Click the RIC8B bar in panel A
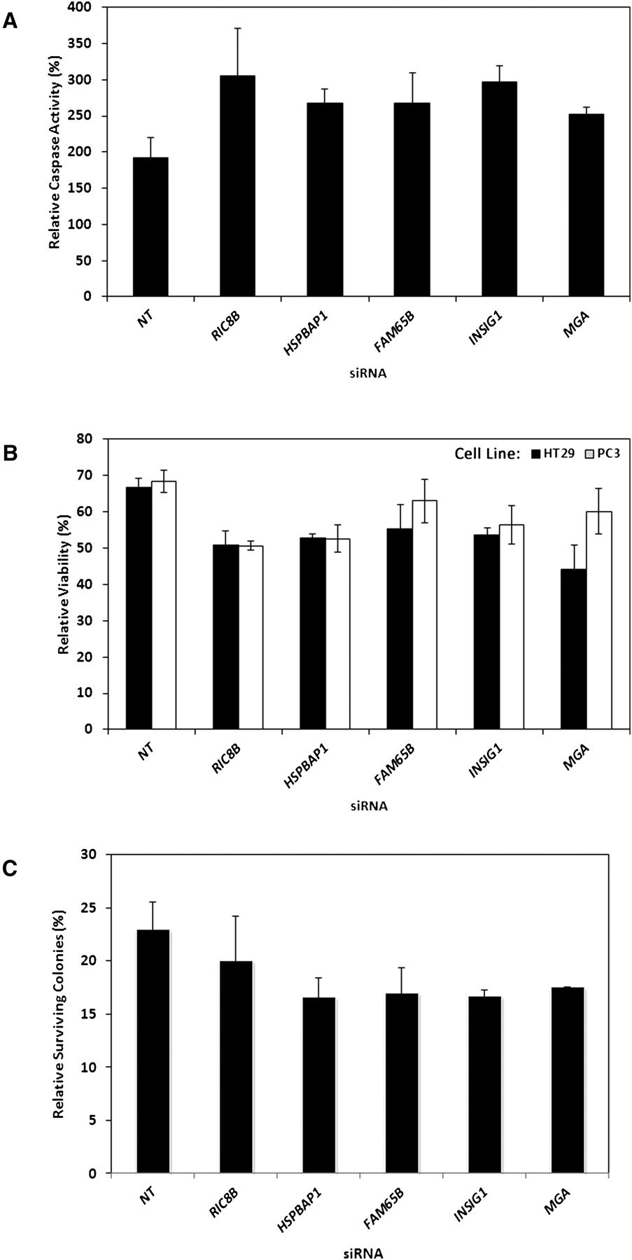coord(237,185)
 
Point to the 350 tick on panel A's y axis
coord(91,43)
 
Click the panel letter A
coord(10,22)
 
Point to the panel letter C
coord(10,869)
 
